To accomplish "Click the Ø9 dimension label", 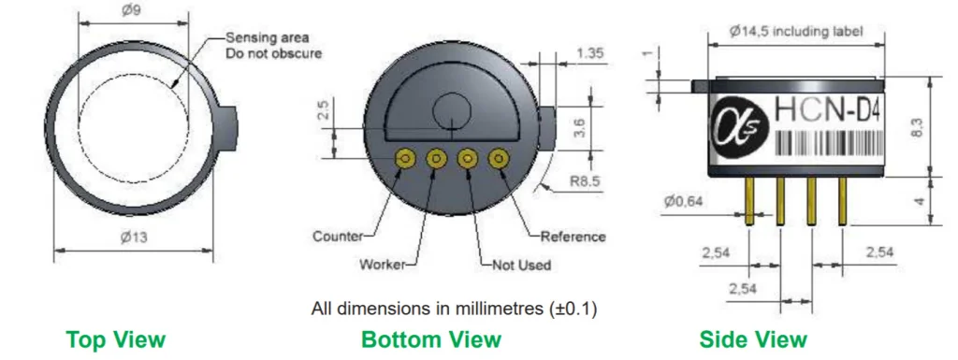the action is (133, 10).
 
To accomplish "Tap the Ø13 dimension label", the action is (134, 238).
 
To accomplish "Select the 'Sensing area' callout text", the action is (268, 37).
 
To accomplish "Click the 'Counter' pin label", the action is (338, 237).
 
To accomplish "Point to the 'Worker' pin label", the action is (383, 265).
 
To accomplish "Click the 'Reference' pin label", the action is (573, 237).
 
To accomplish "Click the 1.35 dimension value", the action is (589, 53).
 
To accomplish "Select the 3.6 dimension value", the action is (580, 127).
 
